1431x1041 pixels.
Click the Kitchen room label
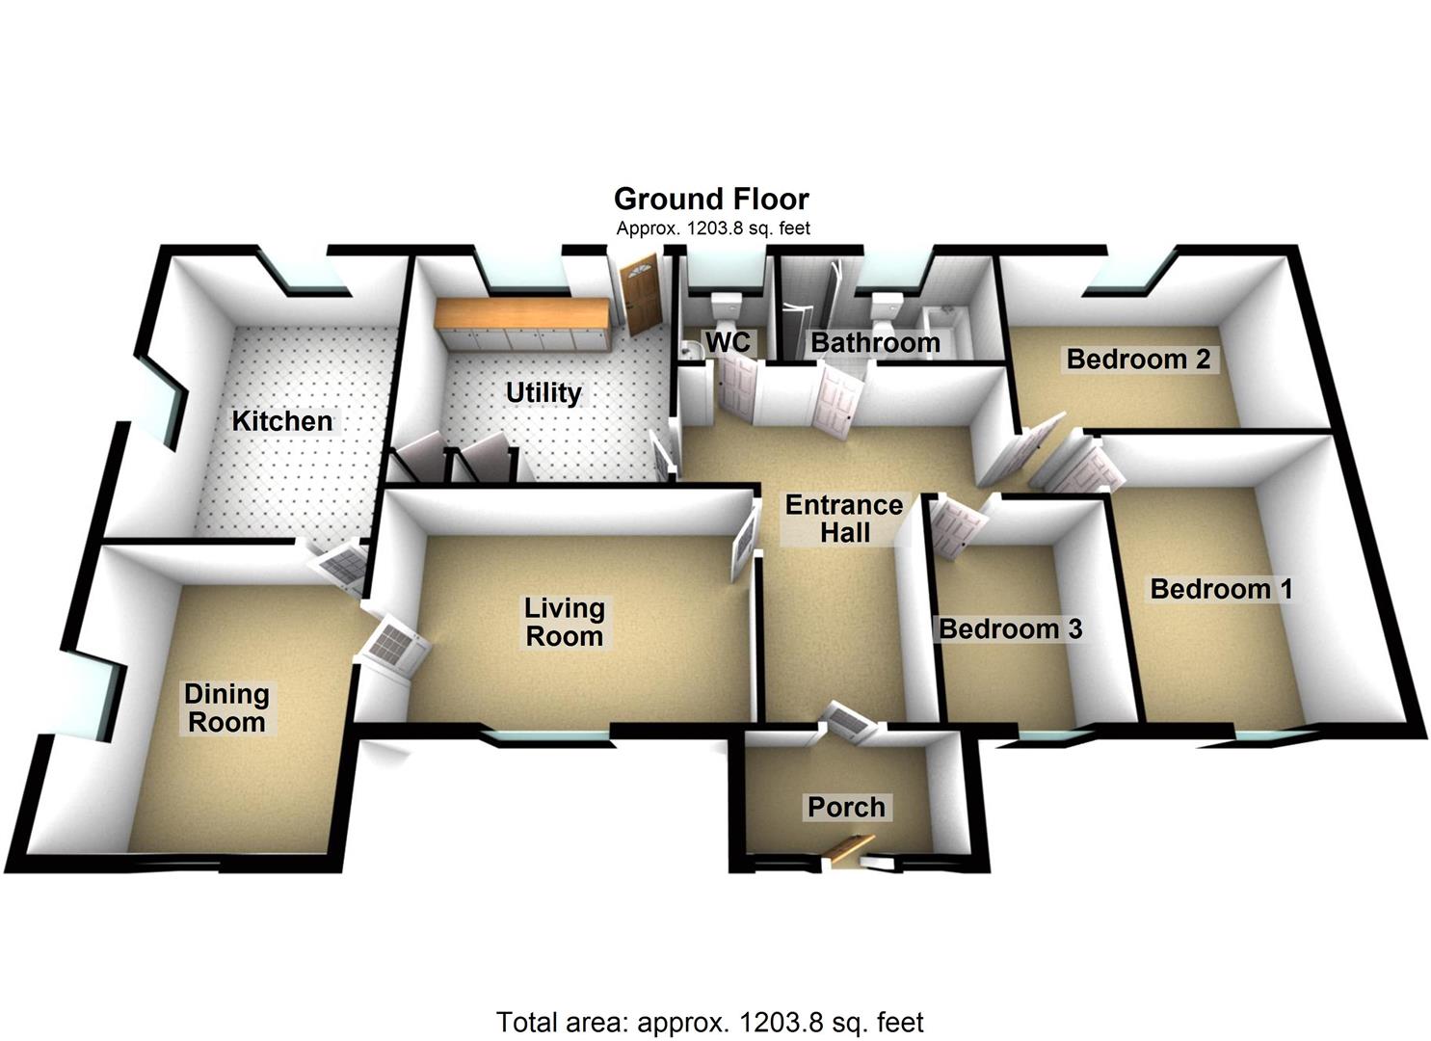point(281,421)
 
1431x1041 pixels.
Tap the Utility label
point(543,393)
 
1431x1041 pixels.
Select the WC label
point(729,342)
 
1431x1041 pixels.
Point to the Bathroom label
point(875,343)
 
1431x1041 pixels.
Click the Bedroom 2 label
point(1138,360)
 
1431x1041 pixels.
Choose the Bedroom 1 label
point(1222,589)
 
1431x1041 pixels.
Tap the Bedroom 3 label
point(1011,629)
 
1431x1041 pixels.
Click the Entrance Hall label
point(844,519)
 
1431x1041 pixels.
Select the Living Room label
point(564,623)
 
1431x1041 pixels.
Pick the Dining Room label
point(226,708)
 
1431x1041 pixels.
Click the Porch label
point(846,807)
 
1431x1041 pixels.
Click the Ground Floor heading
point(712,200)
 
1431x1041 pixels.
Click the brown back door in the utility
point(640,295)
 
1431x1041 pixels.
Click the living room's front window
point(546,739)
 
